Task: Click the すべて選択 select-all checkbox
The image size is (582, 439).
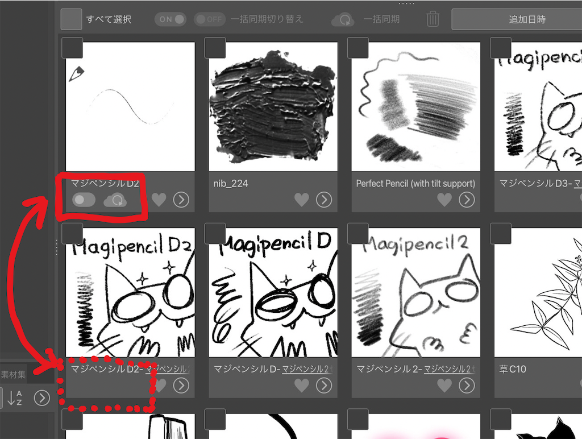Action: tap(72, 19)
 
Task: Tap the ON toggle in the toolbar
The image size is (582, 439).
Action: tap(171, 19)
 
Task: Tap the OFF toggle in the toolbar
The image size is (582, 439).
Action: tap(210, 19)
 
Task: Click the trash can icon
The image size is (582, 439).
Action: tap(433, 19)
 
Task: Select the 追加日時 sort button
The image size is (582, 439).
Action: tap(516, 19)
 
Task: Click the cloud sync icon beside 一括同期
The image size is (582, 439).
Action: tap(343, 20)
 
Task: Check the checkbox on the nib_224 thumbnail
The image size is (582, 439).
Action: tap(215, 48)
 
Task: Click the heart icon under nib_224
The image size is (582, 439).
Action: tap(301, 200)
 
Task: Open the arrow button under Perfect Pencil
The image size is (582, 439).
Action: tap(467, 200)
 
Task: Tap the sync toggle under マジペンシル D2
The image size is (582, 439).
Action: tap(84, 200)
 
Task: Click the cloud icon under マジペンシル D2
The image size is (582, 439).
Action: tap(115, 200)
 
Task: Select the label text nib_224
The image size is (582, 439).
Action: tap(231, 184)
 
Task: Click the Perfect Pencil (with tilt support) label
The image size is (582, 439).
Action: tap(415, 184)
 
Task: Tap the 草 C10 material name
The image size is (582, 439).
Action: tap(512, 370)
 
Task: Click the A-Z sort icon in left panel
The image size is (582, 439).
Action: tap(16, 398)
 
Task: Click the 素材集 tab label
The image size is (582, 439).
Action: tap(13, 375)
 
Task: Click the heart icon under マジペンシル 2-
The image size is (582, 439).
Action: tap(444, 386)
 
